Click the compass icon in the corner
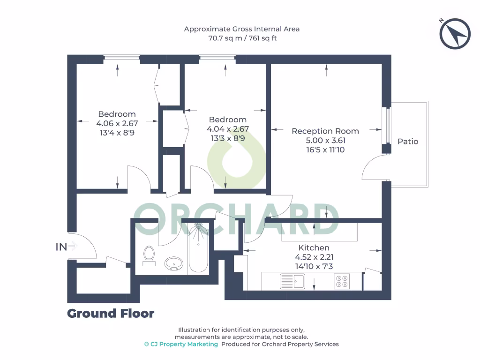click(455, 33)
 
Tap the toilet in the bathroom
click(149, 255)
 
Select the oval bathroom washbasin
click(174, 263)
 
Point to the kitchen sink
click(292, 281)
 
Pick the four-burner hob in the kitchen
click(341, 281)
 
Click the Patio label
click(408, 141)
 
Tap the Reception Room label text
click(325, 131)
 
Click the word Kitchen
click(314, 247)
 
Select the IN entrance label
click(61, 246)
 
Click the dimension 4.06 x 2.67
click(117, 123)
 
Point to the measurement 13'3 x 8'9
click(227, 138)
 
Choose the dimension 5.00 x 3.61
click(325, 141)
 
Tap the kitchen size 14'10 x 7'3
click(314, 266)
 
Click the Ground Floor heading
click(111, 313)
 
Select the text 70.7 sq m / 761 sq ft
click(242, 38)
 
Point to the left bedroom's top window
click(121, 59)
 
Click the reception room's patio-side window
click(387, 125)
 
